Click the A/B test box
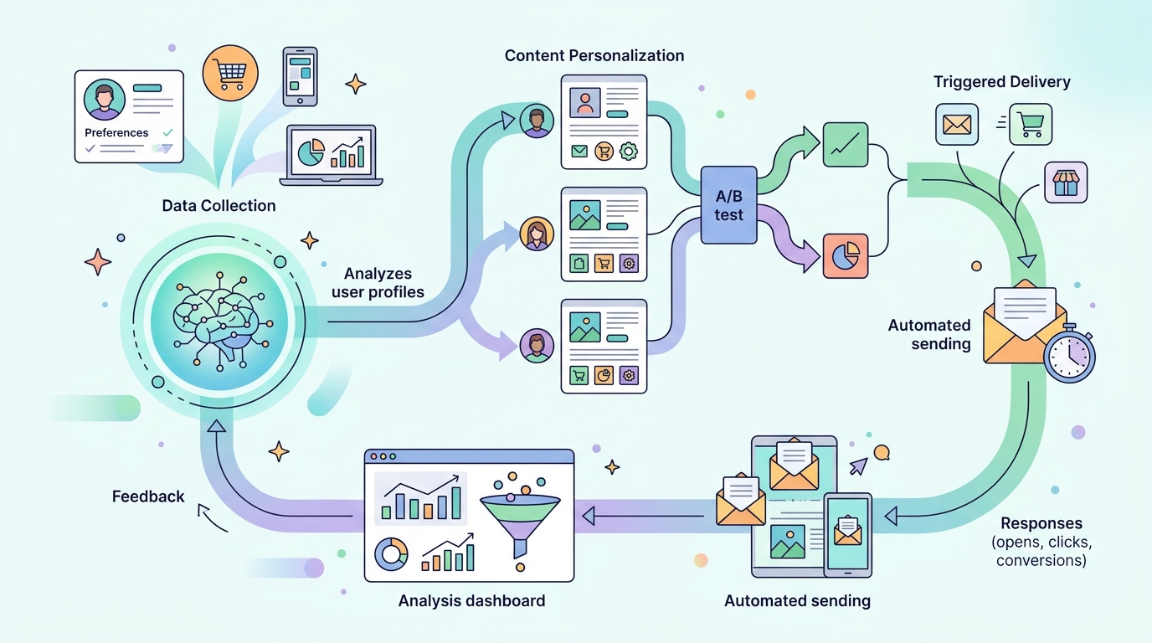[x=728, y=205]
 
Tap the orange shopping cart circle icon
[x=230, y=73]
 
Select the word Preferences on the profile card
[x=116, y=133]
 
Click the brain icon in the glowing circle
[x=219, y=321]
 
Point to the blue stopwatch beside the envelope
[x=1069, y=353]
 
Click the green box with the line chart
[x=846, y=145]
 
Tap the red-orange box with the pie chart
[x=846, y=256]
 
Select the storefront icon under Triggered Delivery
[x=1066, y=183]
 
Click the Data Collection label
[x=219, y=206]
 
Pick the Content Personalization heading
[x=594, y=55]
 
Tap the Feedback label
[x=148, y=496]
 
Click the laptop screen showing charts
[x=332, y=152]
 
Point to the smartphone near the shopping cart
[x=300, y=77]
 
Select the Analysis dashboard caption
[x=471, y=601]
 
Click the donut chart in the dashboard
[x=391, y=554]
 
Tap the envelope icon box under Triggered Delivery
[x=957, y=125]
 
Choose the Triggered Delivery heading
[x=1002, y=82]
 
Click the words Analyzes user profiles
[x=378, y=282]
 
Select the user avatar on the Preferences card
[x=105, y=100]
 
